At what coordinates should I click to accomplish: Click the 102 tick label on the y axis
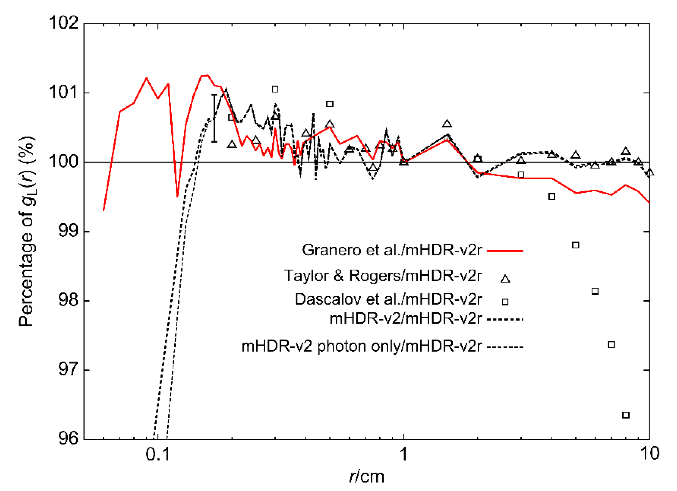pos(63,23)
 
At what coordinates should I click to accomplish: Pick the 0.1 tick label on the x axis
pos(158,454)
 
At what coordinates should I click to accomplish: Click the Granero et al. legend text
pos(392,250)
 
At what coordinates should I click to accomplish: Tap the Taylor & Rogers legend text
pos(383,275)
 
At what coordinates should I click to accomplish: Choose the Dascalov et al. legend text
pos(388,299)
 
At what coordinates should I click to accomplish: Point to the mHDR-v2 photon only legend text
pos(362,346)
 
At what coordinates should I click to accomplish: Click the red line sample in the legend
pos(505,251)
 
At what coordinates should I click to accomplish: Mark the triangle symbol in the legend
pos(505,279)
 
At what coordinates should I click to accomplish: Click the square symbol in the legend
pos(505,302)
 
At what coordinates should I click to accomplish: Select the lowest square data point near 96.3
pos(626,415)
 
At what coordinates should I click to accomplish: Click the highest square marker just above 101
pos(275,89)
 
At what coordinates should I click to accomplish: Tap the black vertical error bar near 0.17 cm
pos(214,118)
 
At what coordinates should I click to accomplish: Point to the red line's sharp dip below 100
pos(177,196)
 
